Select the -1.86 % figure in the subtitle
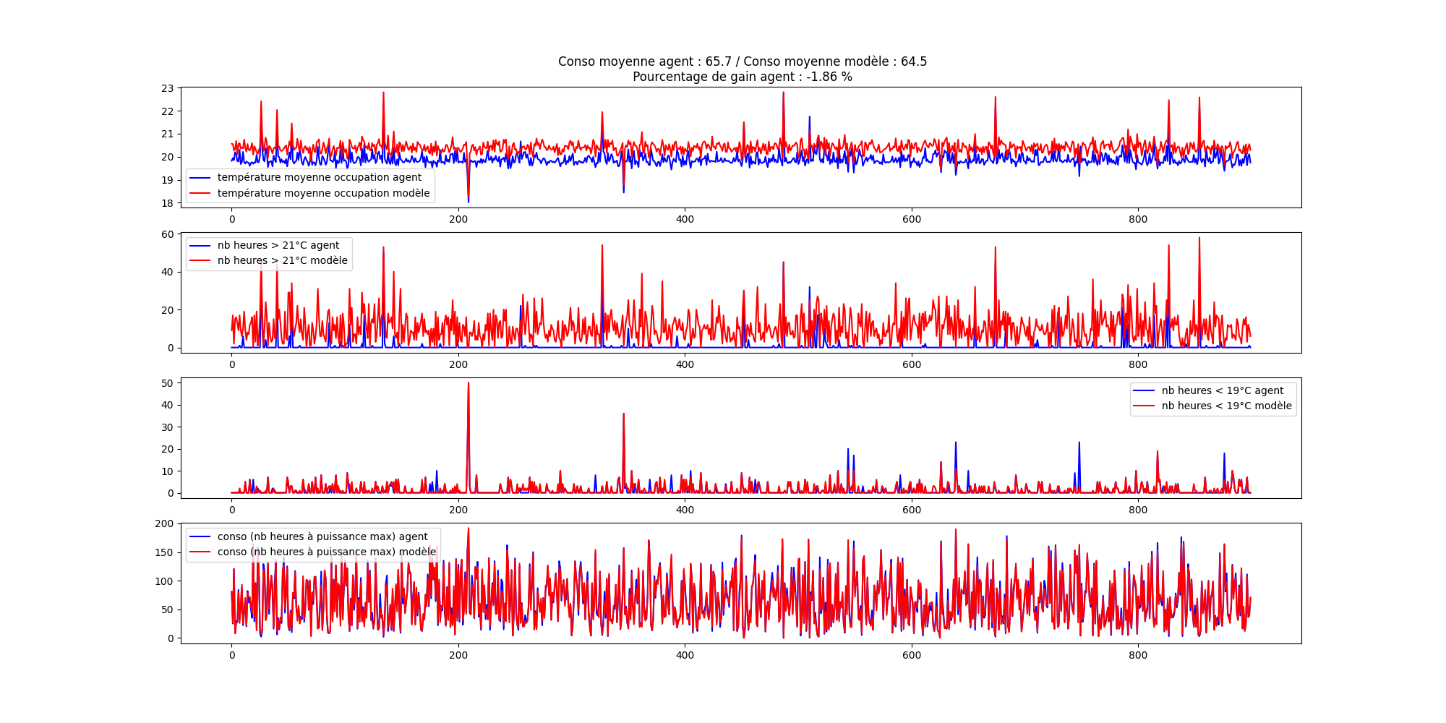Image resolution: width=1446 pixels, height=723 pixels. (829, 77)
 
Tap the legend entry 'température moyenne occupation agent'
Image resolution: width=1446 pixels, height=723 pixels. (319, 177)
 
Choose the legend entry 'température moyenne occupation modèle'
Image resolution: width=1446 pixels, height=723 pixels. (323, 193)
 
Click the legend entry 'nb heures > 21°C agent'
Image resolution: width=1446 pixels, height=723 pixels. (278, 245)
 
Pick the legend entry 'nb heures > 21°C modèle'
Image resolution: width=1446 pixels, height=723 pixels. (282, 260)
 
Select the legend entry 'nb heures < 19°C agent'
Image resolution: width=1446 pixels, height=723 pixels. (1222, 390)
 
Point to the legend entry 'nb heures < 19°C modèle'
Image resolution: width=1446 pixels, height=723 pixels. (1226, 406)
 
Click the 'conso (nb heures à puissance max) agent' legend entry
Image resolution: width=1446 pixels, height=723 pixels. (322, 536)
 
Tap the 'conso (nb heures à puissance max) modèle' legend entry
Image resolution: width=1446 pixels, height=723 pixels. (326, 552)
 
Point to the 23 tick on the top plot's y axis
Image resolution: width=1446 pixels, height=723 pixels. (168, 88)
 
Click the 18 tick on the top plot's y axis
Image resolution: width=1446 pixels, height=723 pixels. (168, 203)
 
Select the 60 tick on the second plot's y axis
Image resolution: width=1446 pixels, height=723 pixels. (168, 234)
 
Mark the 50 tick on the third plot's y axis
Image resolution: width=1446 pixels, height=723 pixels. (168, 383)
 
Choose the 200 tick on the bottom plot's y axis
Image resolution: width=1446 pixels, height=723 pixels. (165, 523)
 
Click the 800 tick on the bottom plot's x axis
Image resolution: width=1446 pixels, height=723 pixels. (1138, 654)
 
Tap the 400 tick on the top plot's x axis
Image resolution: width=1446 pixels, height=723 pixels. (685, 219)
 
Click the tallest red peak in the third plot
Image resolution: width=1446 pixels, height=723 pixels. (469, 383)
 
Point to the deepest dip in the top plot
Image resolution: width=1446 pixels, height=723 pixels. (469, 201)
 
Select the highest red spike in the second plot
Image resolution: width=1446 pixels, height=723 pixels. (1199, 239)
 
